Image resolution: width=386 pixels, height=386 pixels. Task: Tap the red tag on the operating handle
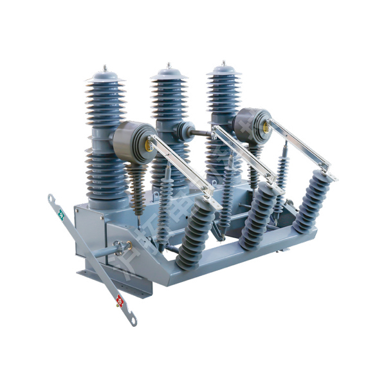[x=119, y=300]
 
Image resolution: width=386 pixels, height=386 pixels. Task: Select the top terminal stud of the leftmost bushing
[x=105, y=67]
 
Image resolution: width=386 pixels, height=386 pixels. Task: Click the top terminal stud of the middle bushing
[x=169, y=65]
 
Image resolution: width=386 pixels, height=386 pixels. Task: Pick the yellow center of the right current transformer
[x=264, y=127]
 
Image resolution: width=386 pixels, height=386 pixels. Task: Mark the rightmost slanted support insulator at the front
[x=312, y=199]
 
